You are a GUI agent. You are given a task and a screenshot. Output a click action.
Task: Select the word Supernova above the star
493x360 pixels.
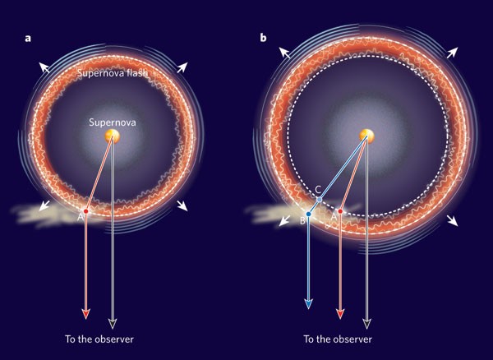(113, 122)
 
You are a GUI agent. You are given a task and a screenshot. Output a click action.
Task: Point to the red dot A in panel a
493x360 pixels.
(85, 212)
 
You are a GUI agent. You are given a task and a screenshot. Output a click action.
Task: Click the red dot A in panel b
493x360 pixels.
(340, 212)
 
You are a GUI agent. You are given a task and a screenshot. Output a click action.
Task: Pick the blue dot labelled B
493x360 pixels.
(308, 215)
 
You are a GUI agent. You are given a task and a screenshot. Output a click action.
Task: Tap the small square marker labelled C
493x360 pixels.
(320, 199)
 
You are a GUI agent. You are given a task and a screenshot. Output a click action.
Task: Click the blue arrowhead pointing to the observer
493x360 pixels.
(308, 303)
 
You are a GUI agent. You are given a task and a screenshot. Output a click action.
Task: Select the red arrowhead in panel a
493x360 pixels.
(85, 314)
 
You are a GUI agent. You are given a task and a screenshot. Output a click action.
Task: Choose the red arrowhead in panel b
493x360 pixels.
(340, 314)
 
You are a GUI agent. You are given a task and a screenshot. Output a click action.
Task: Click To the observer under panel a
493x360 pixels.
(99, 339)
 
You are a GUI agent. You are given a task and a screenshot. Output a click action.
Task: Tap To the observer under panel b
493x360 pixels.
(338, 339)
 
